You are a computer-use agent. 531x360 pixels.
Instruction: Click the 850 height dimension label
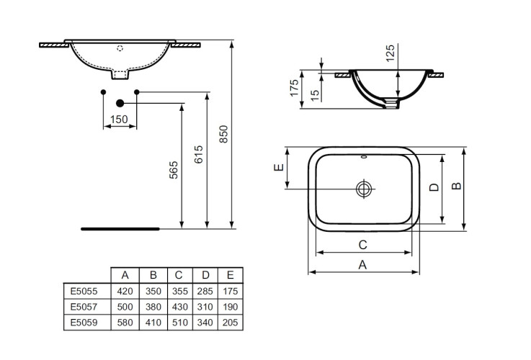(224, 134)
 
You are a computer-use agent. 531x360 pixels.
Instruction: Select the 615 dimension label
(200, 154)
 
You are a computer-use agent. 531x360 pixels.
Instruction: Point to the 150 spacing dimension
(120, 119)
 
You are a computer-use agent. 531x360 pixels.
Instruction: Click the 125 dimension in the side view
(391, 53)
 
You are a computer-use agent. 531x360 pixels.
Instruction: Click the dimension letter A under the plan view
(363, 264)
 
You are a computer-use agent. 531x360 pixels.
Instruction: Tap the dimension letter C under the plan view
(363, 244)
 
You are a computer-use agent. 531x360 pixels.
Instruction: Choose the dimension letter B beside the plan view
(455, 186)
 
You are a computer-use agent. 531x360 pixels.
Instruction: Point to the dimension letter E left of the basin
(278, 169)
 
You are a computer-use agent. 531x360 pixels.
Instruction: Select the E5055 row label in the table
(84, 292)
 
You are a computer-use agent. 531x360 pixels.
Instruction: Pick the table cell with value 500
(125, 307)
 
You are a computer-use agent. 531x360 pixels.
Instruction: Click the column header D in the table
(205, 275)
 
